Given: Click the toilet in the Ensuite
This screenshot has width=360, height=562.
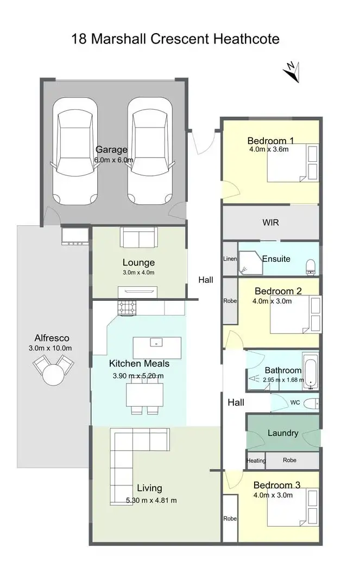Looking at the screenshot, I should click(311, 264).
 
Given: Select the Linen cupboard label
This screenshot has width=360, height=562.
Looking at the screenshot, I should click(230, 259).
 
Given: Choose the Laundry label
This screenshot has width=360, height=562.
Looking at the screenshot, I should click(283, 433).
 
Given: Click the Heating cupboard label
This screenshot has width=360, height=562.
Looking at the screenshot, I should click(256, 460).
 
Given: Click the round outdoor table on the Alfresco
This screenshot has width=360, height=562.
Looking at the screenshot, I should click(54, 374).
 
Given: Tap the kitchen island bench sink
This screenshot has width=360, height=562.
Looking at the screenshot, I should click(156, 343).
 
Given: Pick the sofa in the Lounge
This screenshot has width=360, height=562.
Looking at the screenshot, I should click(138, 237).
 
